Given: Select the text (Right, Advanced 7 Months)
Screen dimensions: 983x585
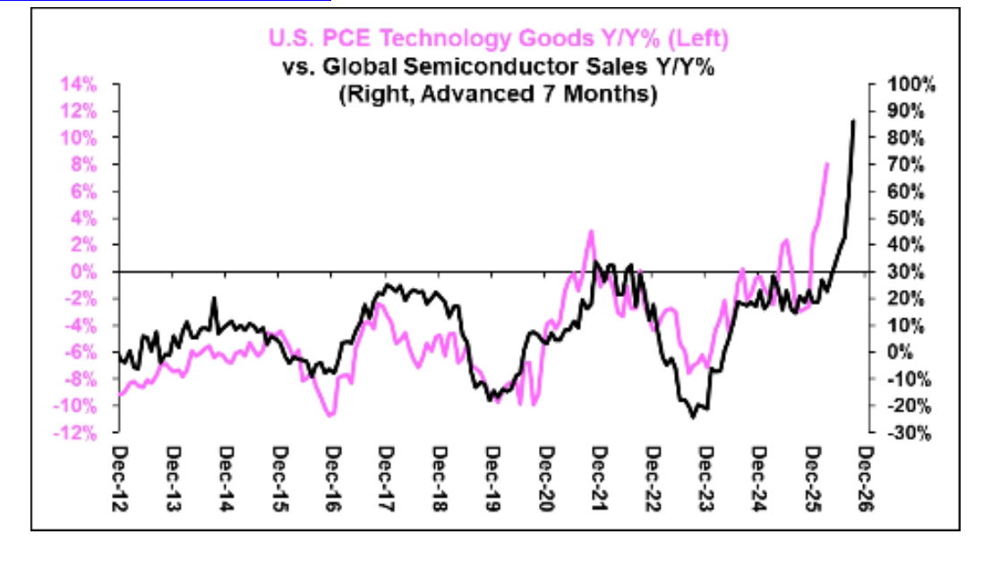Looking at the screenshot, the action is click(x=499, y=94).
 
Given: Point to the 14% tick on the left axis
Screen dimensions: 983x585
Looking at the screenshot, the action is click(x=79, y=85).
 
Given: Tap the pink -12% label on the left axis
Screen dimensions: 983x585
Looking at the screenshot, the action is click(x=75, y=433).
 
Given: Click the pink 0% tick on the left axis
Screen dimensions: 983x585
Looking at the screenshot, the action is click(x=84, y=272).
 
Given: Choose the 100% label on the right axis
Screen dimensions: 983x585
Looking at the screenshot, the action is click(x=910, y=85).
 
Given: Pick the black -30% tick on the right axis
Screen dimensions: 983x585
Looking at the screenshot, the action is click(x=909, y=433).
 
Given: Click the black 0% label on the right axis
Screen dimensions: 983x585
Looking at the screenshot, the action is click(x=901, y=352).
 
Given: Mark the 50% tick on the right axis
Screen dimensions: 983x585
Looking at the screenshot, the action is click(x=906, y=218).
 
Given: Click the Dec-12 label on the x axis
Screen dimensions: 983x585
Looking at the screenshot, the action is click(x=119, y=479).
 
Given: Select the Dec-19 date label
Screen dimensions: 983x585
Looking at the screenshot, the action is click(x=492, y=479).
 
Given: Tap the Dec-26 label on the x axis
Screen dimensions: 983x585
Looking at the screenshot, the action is click(x=866, y=479).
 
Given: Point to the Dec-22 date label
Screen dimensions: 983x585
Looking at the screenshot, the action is click(x=653, y=479).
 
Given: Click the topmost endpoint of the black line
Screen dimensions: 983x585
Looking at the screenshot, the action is click(x=853, y=121).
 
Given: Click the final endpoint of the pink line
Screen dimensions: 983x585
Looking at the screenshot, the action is click(x=827, y=164).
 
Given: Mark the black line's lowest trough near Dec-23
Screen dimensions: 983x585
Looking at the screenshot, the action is click(x=693, y=417).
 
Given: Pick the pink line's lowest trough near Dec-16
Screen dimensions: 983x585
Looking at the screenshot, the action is click(x=329, y=415).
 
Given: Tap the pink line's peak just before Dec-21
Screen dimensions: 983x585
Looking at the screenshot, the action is click(x=591, y=231).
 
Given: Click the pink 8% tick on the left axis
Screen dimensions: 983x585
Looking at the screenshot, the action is click(x=84, y=165).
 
